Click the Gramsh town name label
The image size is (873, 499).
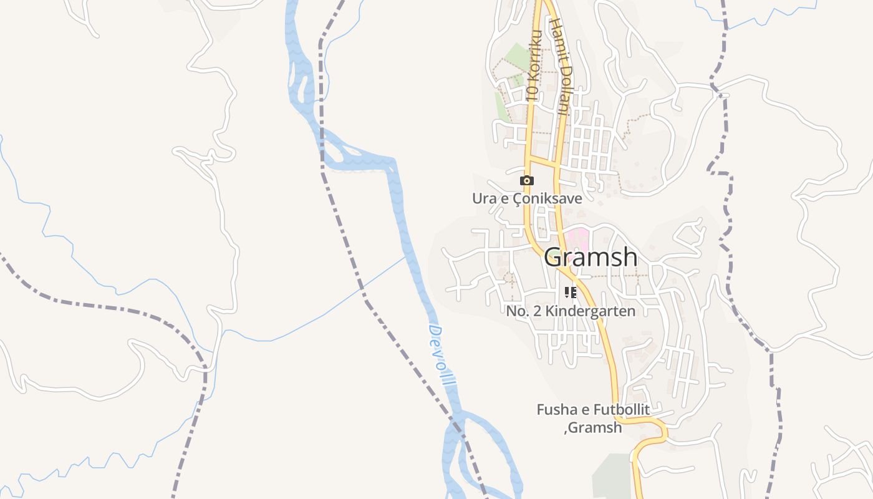pos(591,257)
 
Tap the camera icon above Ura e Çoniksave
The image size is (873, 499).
pos(527,181)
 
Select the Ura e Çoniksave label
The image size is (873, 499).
pos(527,199)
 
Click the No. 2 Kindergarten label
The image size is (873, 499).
pos(571,311)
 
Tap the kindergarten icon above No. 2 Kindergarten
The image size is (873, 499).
pos(570,292)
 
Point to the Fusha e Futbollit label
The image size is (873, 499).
pos(593,410)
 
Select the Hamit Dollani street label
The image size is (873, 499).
pos(558,67)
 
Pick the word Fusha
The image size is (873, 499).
pos(556,410)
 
